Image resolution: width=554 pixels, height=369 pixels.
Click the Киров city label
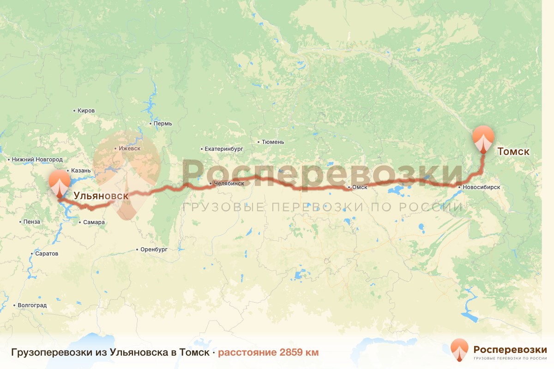(x=86, y=111)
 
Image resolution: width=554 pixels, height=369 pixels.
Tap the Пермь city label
(x=163, y=124)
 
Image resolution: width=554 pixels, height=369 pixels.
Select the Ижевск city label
(x=129, y=149)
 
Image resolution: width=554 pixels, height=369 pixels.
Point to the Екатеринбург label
(x=224, y=149)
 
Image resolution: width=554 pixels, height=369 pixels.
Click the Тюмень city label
(x=272, y=142)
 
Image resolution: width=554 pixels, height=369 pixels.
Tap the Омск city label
(x=359, y=187)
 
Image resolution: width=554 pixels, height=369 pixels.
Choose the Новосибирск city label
(x=482, y=187)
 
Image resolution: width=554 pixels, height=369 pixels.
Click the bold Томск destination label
(x=513, y=151)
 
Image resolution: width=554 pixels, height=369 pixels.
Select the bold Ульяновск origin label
(x=101, y=196)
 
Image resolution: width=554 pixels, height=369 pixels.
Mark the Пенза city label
(x=32, y=222)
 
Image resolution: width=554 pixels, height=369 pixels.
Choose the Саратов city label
(x=47, y=254)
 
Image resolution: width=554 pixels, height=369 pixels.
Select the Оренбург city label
(x=154, y=249)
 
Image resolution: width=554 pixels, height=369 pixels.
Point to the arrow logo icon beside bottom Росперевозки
(x=460, y=350)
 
